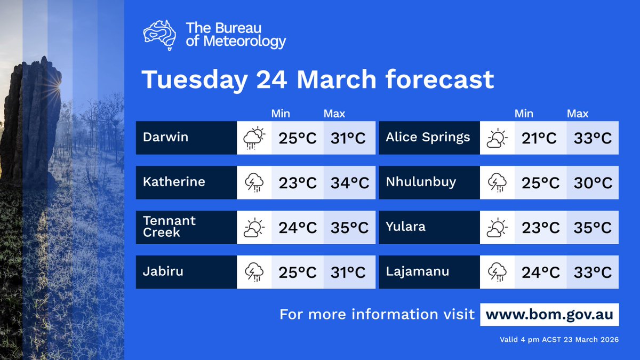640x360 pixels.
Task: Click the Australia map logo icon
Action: (159, 35)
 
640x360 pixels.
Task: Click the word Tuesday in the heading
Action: (194, 80)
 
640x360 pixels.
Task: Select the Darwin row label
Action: (165, 137)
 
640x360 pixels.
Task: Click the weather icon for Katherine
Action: (254, 183)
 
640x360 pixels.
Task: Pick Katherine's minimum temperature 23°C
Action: (298, 183)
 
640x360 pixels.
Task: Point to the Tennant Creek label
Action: (169, 227)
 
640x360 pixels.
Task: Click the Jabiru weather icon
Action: (254, 273)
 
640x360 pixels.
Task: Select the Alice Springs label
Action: (428, 137)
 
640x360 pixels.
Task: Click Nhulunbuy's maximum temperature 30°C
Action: (593, 183)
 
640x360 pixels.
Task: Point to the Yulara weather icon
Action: (497, 228)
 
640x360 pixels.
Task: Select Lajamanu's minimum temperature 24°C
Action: (540, 273)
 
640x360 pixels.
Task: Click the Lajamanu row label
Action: (417, 271)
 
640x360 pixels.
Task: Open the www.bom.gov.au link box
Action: (550, 314)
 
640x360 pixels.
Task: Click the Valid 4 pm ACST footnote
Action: (559, 339)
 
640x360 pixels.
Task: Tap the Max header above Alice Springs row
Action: (578, 114)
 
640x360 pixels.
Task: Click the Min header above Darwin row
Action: (281, 114)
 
